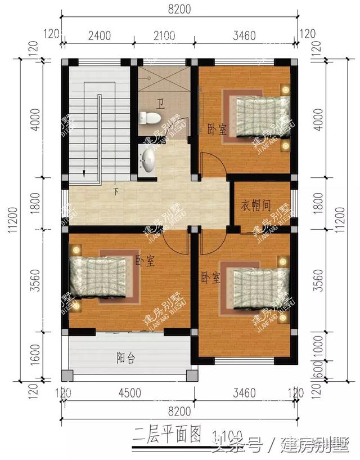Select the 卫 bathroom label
pyautogui.click(x=160, y=104)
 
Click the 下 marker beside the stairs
pyautogui.click(x=116, y=191)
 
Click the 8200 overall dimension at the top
pyautogui.click(x=179, y=8)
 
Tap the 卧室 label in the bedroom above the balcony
pyautogui.click(x=145, y=262)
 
